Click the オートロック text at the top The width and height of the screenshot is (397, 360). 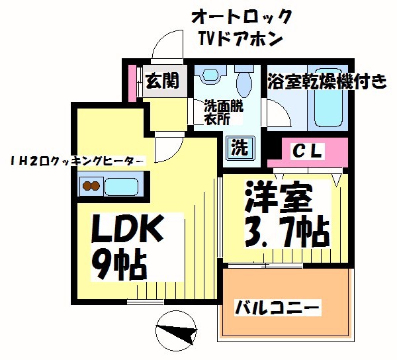click(x=241, y=15)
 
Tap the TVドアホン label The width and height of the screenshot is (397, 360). click(x=241, y=38)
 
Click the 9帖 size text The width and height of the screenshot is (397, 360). click(x=118, y=265)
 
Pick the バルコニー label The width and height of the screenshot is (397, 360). click(x=278, y=308)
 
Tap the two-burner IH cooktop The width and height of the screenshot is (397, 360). click(x=90, y=187)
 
